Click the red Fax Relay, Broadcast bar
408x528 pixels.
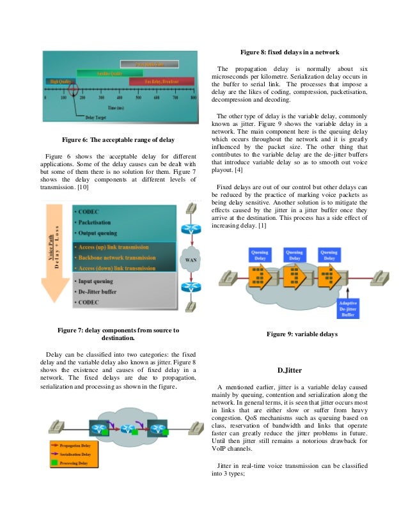pyautogui.click(x=161, y=81)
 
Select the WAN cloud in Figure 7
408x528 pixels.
pyautogui.click(x=191, y=261)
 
